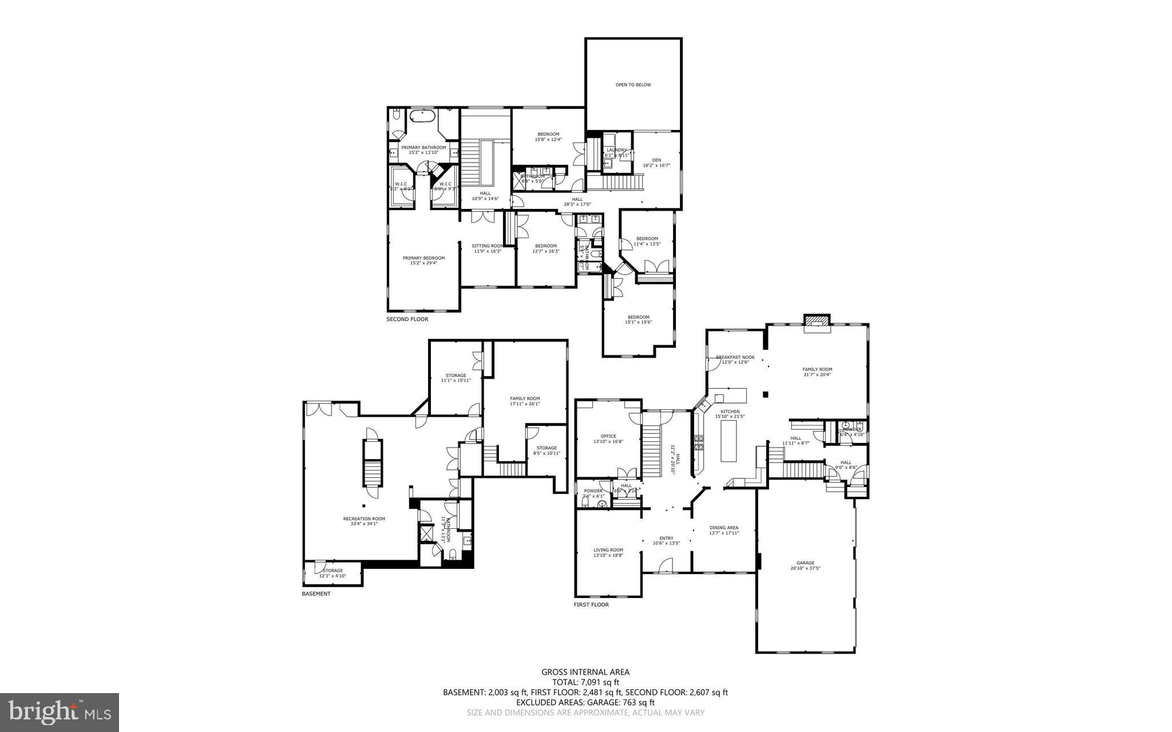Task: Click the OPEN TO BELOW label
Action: [633, 85]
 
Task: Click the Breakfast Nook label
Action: [735, 357]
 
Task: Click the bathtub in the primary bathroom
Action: [422, 118]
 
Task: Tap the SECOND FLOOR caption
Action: [407, 319]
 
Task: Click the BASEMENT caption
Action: [316, 594]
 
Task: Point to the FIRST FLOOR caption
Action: [591, 604]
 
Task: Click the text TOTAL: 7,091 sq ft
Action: [585, 682]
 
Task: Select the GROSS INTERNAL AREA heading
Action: [585, 672]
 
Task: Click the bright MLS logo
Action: [60, 711]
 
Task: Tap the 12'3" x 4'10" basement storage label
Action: [332, 573]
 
